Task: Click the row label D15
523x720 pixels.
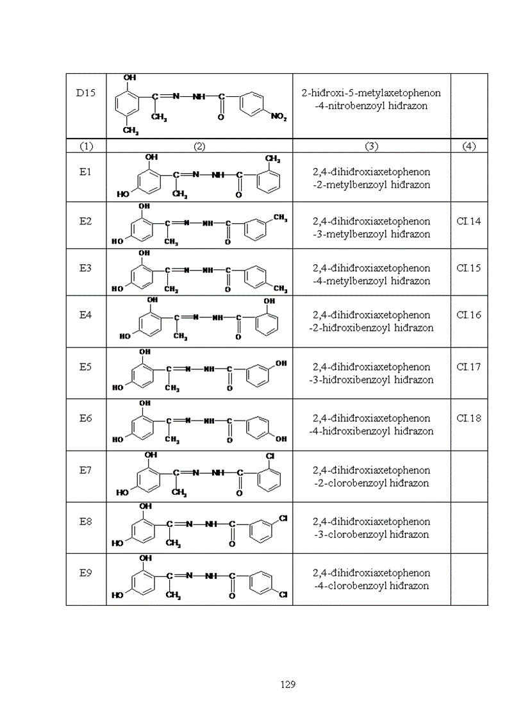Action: pos(86,93)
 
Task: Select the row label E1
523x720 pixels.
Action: pos(86,172)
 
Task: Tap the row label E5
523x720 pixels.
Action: pos(86,367)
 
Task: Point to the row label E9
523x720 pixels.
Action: pos(86,573)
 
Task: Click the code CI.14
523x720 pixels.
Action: pos(469,221)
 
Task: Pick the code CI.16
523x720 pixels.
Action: pos(469,315)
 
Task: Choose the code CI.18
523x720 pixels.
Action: pos(469,418)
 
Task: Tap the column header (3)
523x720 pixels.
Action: pos(371,146)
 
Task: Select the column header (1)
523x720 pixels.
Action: pos(86,146)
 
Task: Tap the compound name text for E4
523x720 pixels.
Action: pos(371,321)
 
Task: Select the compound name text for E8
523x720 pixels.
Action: pos(371,528)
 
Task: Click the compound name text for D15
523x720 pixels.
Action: pos(371,99)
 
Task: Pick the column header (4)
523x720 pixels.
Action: pos(469,146)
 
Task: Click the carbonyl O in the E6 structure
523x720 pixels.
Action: pos(228,442)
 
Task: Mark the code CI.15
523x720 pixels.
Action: pos(469,268)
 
